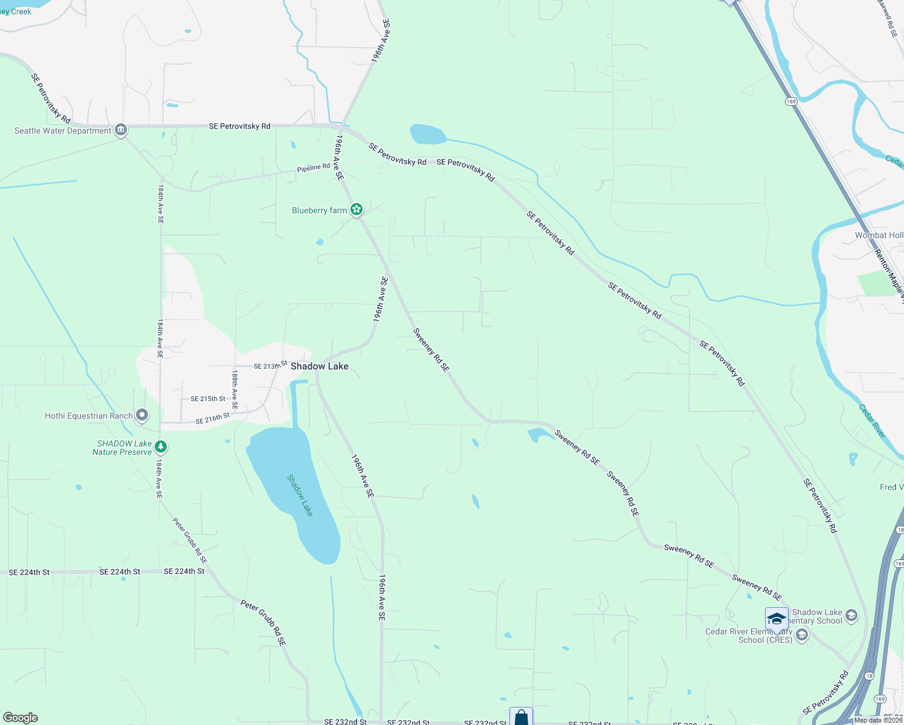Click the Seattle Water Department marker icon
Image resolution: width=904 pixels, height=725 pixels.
click(x=121, y=130)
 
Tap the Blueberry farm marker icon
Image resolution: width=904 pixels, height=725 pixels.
click(x=357, y=210)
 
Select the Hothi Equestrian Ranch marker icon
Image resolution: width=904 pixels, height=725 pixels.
click(x=142, y=415)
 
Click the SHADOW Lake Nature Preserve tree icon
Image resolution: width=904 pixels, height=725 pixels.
click(x=160, y=447)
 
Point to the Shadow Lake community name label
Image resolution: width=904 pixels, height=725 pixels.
click(x=319, y=366)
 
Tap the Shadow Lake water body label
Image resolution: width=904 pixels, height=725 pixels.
click(x=300, y=495)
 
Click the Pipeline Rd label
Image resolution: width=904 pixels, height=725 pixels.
click(x=314, y=167)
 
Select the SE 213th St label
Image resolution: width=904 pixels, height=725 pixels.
click(x=270, y=366)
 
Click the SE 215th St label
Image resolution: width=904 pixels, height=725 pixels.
click(x=208, y=399)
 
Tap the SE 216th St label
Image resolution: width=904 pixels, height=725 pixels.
click(x=213, y=418)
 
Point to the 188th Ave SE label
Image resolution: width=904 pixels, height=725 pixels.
click(x=234, y=390)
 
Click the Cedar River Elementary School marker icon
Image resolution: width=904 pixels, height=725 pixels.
click(x=802, y=635)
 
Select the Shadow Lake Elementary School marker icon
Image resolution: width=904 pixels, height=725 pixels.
click(x=851, y=616)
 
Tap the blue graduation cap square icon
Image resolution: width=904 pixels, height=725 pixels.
click(x=776, y=619)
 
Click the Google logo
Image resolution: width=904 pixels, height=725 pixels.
click(x=20, y=718)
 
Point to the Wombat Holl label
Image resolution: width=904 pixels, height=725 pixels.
click(x=879, y=235)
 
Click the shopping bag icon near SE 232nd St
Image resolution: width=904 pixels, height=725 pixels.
click(x=521, y=717)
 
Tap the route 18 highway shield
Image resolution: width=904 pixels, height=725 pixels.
click(x=869, y=675)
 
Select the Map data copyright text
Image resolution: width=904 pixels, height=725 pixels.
click(x=878, y=720)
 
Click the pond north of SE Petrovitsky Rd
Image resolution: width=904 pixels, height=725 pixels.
click(x=428, y=134)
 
